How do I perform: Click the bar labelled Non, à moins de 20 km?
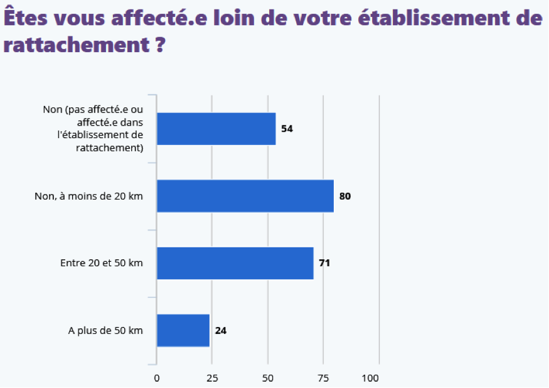tap(245, 196)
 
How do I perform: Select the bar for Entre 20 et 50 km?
tap(235, 263)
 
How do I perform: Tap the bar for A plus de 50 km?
tap(183, 330)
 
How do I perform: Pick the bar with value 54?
tap(216, 129)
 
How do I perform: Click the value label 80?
tap(344, 196)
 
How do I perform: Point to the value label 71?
tap(324, 263)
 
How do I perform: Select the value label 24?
tap(220, 330)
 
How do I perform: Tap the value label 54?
tap(287, 129)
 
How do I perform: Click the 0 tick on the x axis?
tap(157, 378)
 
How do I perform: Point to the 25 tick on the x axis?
tap(212, 378)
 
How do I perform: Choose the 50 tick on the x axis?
tap(268, 378)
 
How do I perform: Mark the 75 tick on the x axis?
tap(323, 378)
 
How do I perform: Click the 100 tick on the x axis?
tap(371, 378)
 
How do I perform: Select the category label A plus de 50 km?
tap(105, 330)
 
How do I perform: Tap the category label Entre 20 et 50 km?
tap(102, 263)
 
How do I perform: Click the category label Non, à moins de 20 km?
tap(88, 196)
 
